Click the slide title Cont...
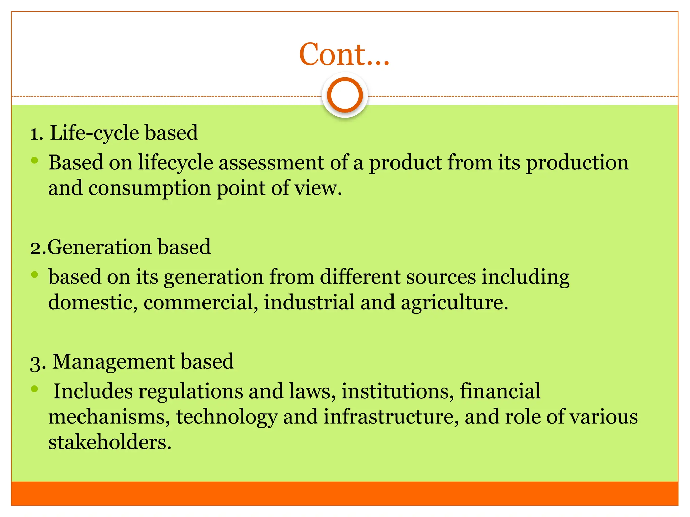click(344, 55)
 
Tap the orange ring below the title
click(345, 95)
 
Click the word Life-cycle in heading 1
click(94, 133)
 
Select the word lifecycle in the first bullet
click(175, 163)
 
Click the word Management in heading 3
click(114, 362)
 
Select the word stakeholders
click(109, 442)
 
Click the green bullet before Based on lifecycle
click(34, 161)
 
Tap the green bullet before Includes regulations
click(34, 389)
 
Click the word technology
click(226, 417)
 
